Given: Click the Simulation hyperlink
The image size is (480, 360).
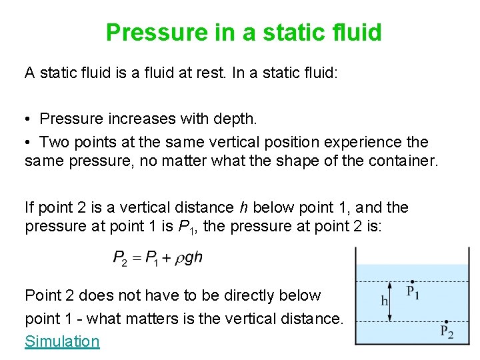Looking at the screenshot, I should pyautogui.click(x=62, y=341).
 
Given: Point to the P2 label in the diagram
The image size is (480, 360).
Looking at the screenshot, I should pyautogui.click(x=447, y=332).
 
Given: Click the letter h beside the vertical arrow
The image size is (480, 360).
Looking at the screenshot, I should pyautogui.click(x=384, y=301).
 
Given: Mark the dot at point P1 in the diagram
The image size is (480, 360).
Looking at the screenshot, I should pyautogui.click(x=413, y=282).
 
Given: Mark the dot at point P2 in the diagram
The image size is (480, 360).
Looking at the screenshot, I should pyautogui.click(x=446, y=321).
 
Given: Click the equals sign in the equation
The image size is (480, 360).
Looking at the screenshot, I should pyautogui.click(x=137, y=258).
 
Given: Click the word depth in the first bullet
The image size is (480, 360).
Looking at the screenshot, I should pyautogui.click(x=235, y=119).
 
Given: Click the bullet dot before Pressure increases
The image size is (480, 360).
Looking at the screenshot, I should pyautogui.click(x=29, y=119).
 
